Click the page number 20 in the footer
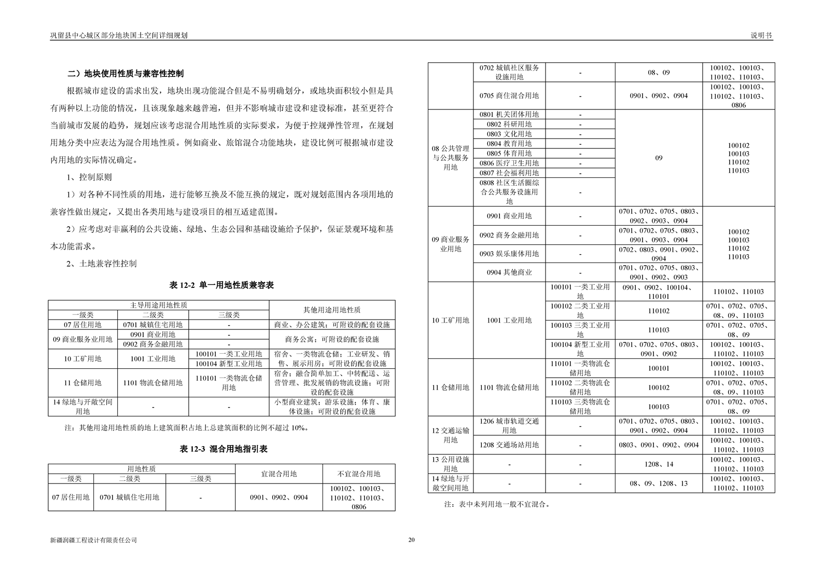[x=411, y=539]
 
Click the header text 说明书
[x=761, y=35]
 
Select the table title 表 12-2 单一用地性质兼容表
[x=221, y=285]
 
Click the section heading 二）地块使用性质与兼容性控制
[x=125, y=74]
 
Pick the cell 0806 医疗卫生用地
[x=509, y=163]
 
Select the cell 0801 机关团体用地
[x=509, y=114]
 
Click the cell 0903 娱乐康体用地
[x=509, y=254]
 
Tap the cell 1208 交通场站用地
[x=509, y=445]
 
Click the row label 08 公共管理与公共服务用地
[x=450, y=158]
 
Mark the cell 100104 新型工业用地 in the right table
[x=580, y=349]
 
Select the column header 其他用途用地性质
[x=332, y=310]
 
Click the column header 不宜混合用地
[x=358, y=474]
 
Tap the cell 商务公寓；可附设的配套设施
[x=332, y=339]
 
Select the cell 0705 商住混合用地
[x=509, y=95]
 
